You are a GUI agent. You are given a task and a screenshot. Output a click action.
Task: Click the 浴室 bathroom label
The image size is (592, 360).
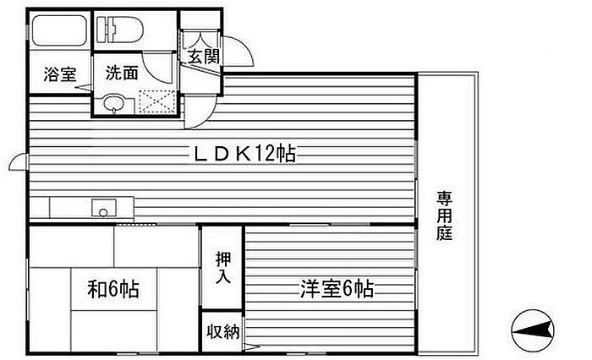(x=60, y=74)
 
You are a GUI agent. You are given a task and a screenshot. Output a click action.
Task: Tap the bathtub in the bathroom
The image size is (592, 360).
(x=59, y=30)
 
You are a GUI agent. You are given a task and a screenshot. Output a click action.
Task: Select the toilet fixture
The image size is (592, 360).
(x=120, y=30)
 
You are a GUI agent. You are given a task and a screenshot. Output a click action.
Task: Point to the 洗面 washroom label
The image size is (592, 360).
(x=122, y=73)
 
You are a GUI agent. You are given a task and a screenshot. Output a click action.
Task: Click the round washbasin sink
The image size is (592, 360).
(x=112, y=103)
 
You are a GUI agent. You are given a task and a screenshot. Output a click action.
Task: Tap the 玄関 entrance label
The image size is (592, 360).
(x=204, y=57)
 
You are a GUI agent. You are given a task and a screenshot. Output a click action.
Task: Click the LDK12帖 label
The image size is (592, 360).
(x=244, y=153)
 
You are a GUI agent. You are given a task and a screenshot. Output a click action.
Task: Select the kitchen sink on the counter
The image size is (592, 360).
(x=104, y=208)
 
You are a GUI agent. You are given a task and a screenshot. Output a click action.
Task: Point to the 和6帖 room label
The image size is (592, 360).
(x=113, y=289)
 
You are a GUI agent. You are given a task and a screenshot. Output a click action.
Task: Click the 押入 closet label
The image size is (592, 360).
(x=222, y=267)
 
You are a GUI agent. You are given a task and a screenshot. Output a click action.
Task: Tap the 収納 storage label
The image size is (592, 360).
(x=222, y=332)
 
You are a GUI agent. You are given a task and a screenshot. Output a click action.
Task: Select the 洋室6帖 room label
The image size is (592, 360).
(x=337, y=289)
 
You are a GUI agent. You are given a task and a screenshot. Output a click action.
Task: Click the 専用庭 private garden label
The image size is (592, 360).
(x=444, y=215)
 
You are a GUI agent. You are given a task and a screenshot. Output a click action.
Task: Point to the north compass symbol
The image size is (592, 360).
(x=533, y=331)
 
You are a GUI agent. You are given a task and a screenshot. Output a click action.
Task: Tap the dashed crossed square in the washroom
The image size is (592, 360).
(x=157, y=101)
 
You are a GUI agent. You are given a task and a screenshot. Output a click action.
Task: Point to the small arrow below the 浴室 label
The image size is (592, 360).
(x=84, y=88)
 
